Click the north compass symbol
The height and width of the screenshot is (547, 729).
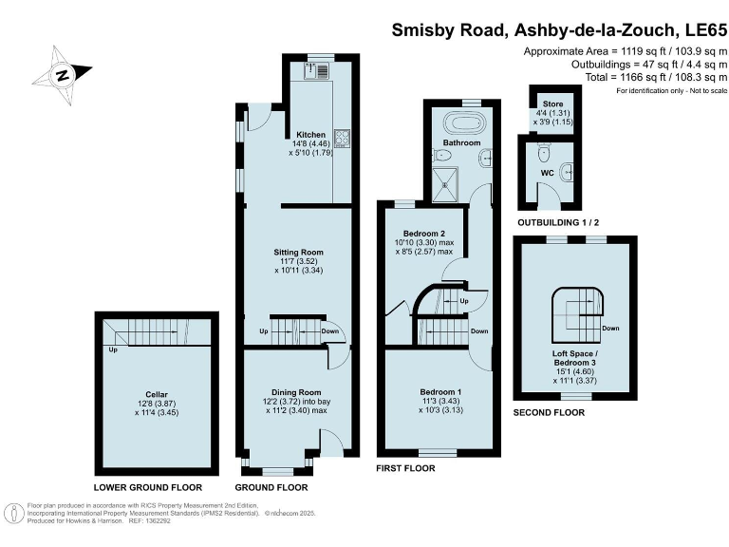[62, 74]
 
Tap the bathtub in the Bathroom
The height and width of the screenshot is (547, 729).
[464, 123]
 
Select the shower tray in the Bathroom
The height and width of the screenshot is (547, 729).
[445, 181]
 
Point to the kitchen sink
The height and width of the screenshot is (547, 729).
[317, 68]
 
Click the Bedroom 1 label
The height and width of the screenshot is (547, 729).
[440, 391]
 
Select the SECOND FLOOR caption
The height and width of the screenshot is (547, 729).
[549, 413]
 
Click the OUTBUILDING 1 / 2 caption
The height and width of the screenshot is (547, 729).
[558, 222]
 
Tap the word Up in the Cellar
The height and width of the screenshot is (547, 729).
[113, 349]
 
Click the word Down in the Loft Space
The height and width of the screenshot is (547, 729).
[610, 329]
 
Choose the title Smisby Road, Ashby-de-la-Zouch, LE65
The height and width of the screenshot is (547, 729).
[558, 29]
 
